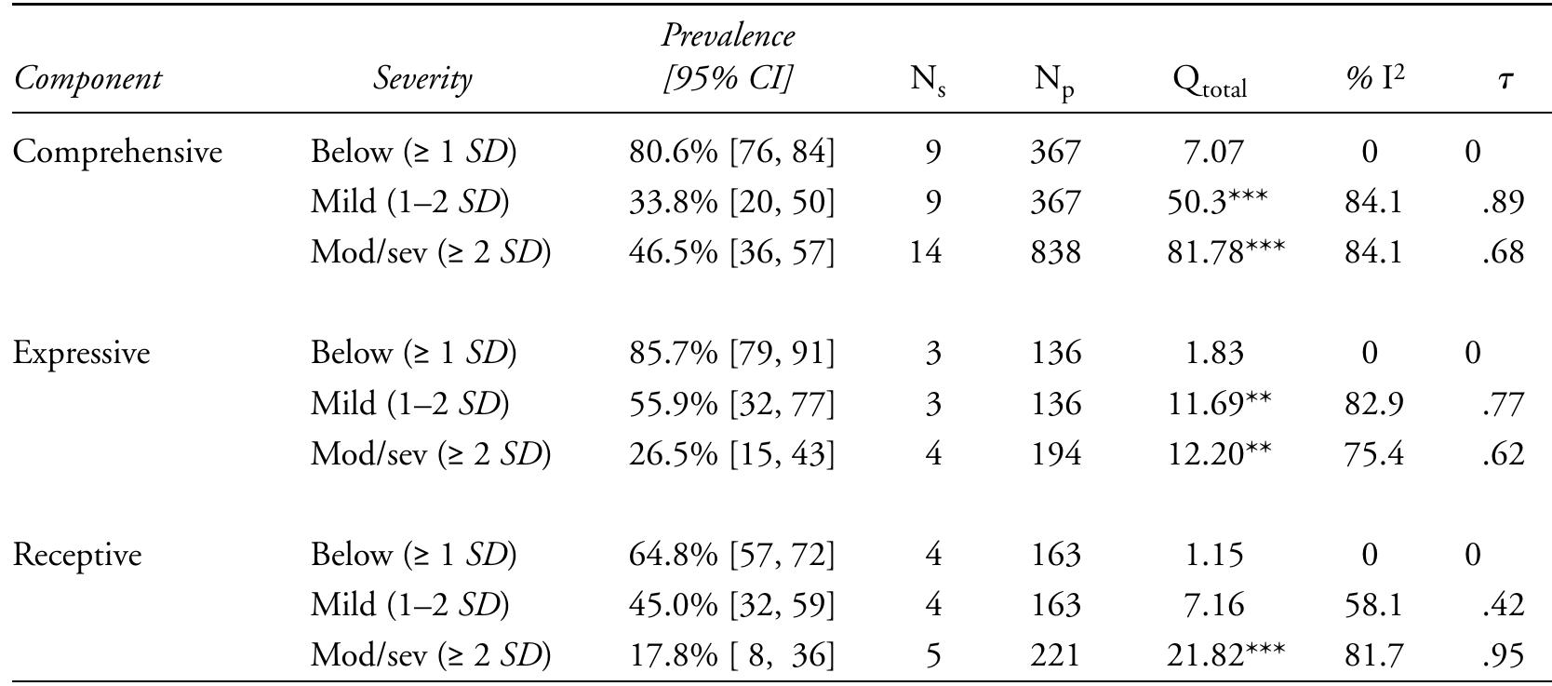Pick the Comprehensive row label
pos(117,152)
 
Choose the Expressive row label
pos(81,354)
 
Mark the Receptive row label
pos(77,555)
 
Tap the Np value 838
pos(1056,252)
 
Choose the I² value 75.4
pos(1373,454)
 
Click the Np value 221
pos(1056,656)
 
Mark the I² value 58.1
pos(1373,606)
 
